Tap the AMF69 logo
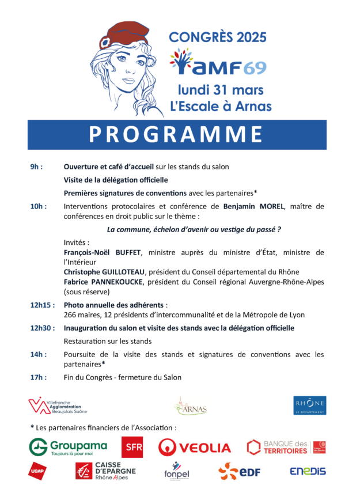(x=218, y=62)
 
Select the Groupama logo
(x=69, y=447)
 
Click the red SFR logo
(x=132, y=448)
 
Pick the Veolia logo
(x=195, y=448)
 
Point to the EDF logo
(x=240, y=472)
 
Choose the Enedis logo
(x=308, y=471)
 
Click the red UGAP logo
(x=37, y=471)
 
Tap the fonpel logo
(x=176, y=471)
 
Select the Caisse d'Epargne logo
(x=105, y=471)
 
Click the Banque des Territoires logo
(x=286, y=447)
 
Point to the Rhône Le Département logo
(x=309, y=405)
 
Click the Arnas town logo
(x=190, y=406)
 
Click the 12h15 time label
(x=42, y=305)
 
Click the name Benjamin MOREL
(x=254, y=206)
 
